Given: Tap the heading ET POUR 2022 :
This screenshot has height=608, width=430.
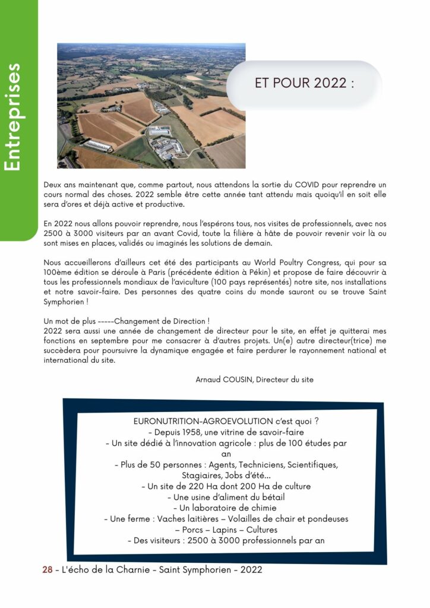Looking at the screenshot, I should (304, 83).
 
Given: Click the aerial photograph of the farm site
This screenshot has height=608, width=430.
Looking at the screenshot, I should (151, 106).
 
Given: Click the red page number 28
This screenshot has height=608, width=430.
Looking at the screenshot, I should (46, 570).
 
